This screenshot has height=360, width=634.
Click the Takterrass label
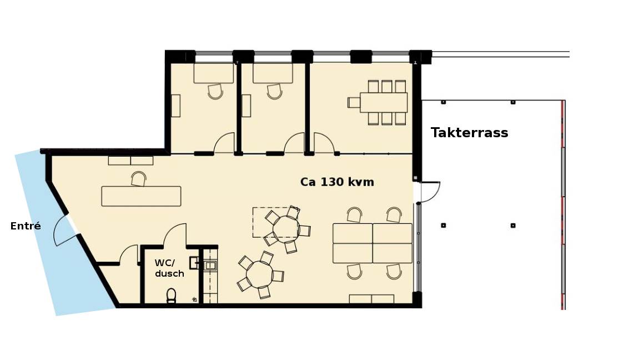[x=469, y=133]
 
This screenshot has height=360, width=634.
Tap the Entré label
[x=26, y=226]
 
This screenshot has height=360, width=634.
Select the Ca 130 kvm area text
[x=337, y=182]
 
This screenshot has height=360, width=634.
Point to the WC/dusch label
[x=169, y=268]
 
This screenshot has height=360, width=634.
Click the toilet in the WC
[x=172, y=296]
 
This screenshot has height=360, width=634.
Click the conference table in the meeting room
[x=383, y=103]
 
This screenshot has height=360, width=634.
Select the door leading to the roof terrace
[x=430, y=192]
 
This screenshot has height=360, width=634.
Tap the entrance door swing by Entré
[x=63, y=231]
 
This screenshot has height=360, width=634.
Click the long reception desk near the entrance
[x=141, y=196]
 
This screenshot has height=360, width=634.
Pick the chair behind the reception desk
[x=138, y=179]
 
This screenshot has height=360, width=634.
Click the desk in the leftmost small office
[x=214, y=73]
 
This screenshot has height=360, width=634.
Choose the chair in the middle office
[x=275, y=92]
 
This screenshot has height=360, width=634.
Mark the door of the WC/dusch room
[x=174, y=234]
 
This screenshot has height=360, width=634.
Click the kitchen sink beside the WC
[x=210, y=266]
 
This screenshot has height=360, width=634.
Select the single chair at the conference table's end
[x=354, y=103]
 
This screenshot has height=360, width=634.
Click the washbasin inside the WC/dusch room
[x=194, y=263]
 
